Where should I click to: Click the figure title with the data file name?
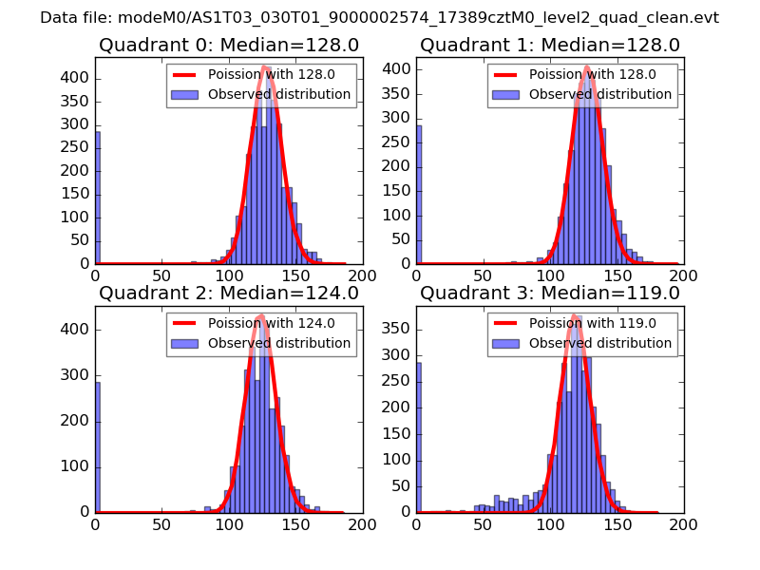(379, 18)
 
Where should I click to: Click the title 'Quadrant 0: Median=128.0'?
(228, 45)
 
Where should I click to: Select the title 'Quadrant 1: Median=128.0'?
(550, 45)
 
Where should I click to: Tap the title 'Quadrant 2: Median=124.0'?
(228, 293)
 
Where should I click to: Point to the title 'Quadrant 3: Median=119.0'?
(550, 293)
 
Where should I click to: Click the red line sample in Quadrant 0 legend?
(184, 74)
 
